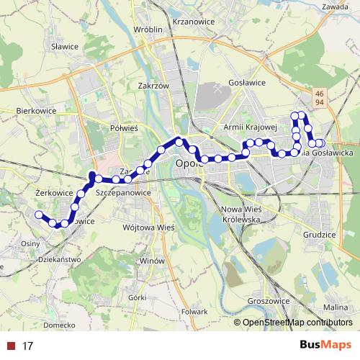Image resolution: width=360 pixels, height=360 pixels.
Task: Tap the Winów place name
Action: (x=153, y=260)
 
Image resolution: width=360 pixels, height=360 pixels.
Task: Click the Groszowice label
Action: (x=267, y=301)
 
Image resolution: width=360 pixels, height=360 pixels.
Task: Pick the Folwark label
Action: (x=194, y=312)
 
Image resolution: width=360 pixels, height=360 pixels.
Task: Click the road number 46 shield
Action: (x=319, y=94)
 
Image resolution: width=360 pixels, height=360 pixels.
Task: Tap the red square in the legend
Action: (x=11, y=346)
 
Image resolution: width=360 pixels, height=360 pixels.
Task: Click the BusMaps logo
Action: (x=325, y=346)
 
